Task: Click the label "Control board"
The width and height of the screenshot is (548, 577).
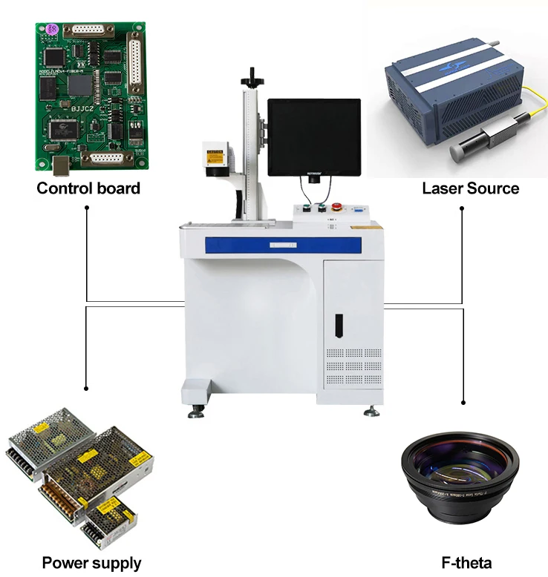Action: point(88,188)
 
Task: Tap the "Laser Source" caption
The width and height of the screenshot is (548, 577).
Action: point(471,188)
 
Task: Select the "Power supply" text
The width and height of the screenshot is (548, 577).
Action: point(91,563)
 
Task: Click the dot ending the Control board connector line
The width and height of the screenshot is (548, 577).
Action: point(88,208)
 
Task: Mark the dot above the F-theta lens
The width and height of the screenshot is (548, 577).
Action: point(463,402)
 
